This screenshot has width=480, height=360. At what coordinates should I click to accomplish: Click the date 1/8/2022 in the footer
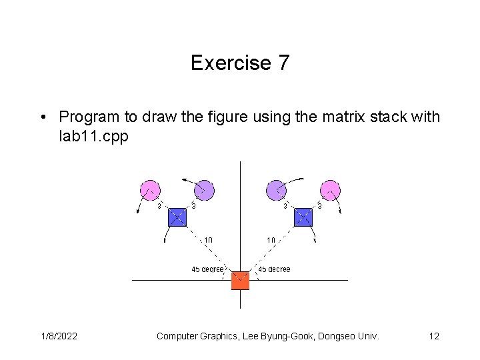(x=57, y=336)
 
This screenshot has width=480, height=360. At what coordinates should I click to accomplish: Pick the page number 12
(x=433, y=336)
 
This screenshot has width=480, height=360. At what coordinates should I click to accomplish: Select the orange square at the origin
(x=240, y=281)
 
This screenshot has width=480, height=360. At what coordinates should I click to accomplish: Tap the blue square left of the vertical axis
(x=177, y=217)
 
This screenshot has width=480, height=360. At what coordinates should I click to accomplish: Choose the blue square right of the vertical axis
(x=303, y=217)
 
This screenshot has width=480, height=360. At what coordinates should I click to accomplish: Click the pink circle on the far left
(x=150, y=190)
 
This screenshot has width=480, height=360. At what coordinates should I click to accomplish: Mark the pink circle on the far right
(x=330, y=190)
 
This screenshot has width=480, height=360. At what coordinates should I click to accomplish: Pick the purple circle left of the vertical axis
(x=204, y=190)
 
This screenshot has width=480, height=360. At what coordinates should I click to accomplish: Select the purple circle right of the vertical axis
(x=276, y=190)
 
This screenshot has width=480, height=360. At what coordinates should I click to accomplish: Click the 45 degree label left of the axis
(x=207, y=269)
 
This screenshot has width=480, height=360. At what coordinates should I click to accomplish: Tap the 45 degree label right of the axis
(x=274, y=269)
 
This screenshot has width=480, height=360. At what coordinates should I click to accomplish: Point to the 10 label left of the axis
(x=208, y=240)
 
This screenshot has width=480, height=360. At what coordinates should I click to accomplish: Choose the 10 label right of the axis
(x=271, y=240)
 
